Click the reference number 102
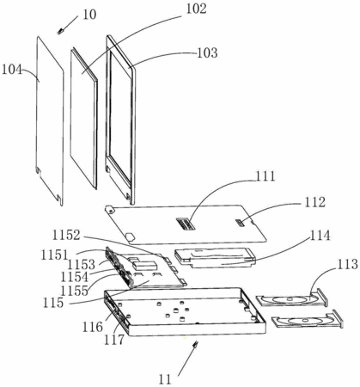pos(196,9)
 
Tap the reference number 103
pos(207,53)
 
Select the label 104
pos(12,70)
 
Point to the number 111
pos(265,176)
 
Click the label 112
pos(314,202)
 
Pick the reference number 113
pos(348,265)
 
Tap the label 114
pos(320,236)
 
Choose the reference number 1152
pos(66,236)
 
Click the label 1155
pos(75,291)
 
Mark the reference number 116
pos(92,327)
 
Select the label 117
pos(114,340)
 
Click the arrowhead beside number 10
pos(60,31)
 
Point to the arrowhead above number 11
pos(196,344)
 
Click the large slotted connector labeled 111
pos(186,224)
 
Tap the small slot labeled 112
pos(241,223)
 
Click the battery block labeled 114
pos(214,258)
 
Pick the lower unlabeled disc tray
pos(307,320)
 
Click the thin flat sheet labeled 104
pos(50,120)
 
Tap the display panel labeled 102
pos(84,118)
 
